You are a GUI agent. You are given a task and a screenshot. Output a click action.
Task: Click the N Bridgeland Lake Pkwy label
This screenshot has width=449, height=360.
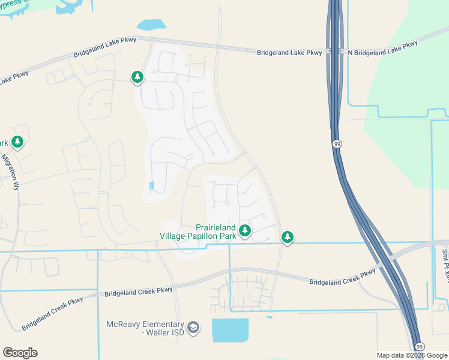point(383,49)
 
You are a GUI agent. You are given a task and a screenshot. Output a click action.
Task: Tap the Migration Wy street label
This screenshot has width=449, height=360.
point(11,172)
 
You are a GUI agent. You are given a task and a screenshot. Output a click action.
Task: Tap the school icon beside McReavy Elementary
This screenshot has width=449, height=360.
point(193,328)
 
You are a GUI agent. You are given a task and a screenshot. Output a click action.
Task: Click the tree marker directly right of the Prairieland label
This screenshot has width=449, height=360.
point(244,230)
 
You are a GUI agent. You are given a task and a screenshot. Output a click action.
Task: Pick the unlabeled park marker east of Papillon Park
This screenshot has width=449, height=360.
point(288,237)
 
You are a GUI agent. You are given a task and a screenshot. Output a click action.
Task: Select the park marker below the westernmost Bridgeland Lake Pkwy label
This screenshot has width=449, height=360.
point(138,77)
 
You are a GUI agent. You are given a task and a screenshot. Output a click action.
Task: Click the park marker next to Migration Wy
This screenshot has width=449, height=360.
point(17,142)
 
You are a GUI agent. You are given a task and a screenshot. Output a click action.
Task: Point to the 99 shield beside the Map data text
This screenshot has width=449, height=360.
point(420,347)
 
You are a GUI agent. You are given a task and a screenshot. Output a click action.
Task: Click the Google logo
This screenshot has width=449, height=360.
point(20,353)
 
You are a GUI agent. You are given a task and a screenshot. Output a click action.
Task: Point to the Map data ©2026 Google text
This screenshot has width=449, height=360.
point(411,355)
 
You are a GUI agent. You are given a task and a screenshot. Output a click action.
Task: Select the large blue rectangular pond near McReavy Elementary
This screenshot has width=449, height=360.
point(230,330)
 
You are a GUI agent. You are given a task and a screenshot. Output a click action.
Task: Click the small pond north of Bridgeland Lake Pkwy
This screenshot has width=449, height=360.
point(151,25)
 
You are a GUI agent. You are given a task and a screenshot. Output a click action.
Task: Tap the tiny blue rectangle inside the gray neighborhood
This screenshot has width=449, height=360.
point(151,185)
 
